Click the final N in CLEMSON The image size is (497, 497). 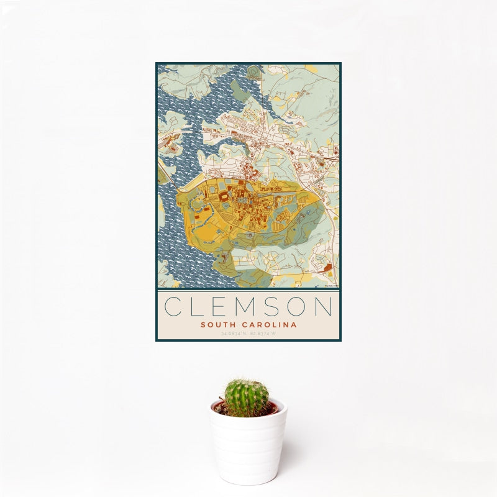tap(324, 306)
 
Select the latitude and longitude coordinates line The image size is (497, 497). tap(248, 334)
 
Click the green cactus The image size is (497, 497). tap(247, 398)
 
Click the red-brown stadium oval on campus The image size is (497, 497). tap(223, 197)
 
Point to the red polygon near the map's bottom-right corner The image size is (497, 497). tap(327, 268)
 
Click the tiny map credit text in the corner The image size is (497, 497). tap(331, 285)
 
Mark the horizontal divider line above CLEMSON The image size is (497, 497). tap(248, 290)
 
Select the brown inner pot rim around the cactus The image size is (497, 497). tap(272, 408)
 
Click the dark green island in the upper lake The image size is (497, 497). tap(239, 90)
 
